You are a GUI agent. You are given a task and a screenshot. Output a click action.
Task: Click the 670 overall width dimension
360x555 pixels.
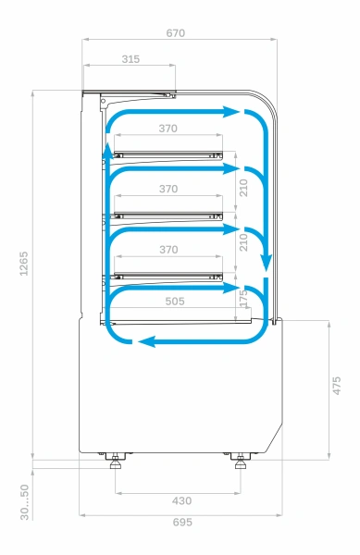coord(176,33)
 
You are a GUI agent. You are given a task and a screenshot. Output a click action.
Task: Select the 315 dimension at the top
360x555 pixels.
coord(130,59)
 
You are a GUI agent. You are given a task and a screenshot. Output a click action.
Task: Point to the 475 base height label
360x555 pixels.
coord(338,386)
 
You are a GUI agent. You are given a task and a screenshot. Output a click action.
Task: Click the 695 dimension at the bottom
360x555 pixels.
coord(182,523)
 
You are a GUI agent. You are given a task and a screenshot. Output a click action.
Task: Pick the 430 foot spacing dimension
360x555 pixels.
coord(182,500)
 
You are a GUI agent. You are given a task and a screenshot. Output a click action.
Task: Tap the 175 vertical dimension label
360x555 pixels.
coord(242,299)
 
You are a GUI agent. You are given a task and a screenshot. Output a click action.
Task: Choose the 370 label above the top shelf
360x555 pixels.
coord(168,129)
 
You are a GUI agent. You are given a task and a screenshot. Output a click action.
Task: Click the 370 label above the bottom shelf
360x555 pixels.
coord(168,250)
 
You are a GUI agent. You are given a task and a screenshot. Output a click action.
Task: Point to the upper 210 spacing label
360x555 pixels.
coord(243,188)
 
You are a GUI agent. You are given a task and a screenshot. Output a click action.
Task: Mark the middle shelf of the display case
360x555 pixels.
coord(168,215)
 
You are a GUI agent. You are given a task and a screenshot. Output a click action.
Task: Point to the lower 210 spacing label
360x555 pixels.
coord(243,243)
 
